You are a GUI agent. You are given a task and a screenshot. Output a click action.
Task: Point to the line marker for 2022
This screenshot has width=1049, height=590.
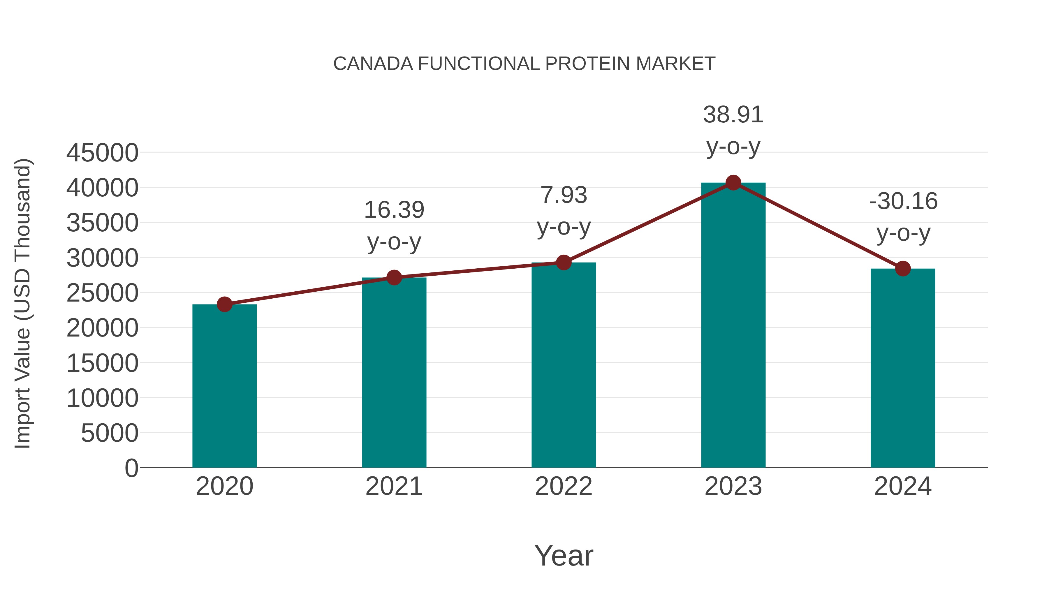point(564,263)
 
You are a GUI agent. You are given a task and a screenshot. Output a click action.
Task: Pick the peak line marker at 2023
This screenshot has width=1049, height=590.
point(733,183)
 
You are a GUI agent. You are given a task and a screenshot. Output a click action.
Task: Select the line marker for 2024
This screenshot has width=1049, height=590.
point(903,268)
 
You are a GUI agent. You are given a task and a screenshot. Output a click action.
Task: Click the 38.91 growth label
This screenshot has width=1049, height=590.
point(733,115)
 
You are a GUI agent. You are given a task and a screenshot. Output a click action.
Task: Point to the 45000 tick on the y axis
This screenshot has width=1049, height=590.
point(102,153)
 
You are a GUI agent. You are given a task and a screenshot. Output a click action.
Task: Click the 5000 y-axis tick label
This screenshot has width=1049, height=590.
point(110,433)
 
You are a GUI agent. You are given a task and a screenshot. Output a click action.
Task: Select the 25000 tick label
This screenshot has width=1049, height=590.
point(102,293)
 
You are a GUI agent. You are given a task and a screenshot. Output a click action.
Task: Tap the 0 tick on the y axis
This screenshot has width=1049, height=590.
point(131,468)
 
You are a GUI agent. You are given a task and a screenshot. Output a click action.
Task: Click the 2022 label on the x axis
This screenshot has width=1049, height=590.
point(564,486)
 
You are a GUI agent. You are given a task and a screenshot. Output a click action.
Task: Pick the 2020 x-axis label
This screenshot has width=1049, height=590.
point(224,486)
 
